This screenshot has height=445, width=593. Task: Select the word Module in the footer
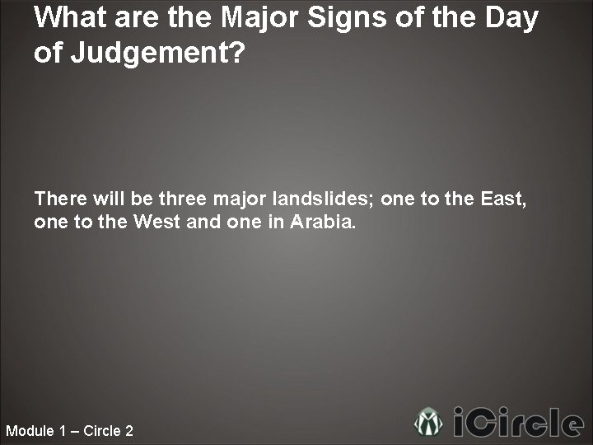[30, 431]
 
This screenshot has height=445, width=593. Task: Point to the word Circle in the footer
[100, 431]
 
